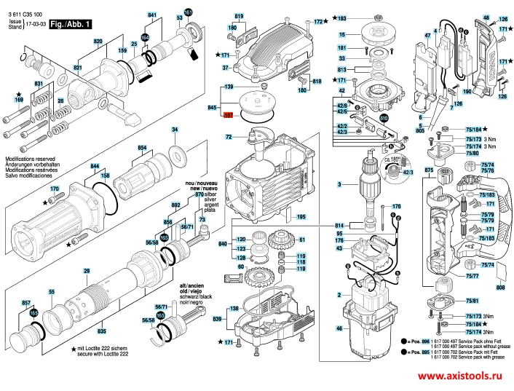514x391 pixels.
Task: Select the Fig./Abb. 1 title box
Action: (x=71, y=24)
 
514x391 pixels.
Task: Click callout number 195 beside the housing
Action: (x=301, y=216)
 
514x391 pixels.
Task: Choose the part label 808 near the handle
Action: (x=500, y=287)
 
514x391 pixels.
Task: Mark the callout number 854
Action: (x=143, y=148)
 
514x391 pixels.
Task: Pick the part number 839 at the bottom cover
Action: (x=217, y=320)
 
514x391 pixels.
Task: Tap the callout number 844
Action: (x=95, y=167)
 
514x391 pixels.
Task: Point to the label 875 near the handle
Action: (x=429, y=170)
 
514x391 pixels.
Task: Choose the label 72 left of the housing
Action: (x=228, y=137)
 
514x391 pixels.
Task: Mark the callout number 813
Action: (x=342, y=69)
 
